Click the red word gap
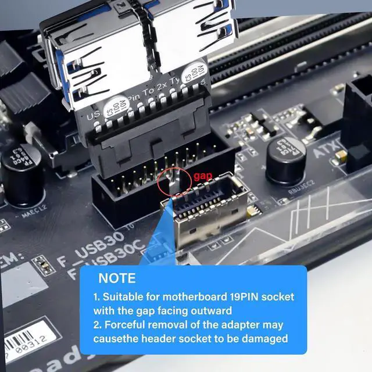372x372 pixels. click(x=203, y=176)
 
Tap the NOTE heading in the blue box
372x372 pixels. click(x=117, y=278)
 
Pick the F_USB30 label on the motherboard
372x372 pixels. click(x=92, y=245)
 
